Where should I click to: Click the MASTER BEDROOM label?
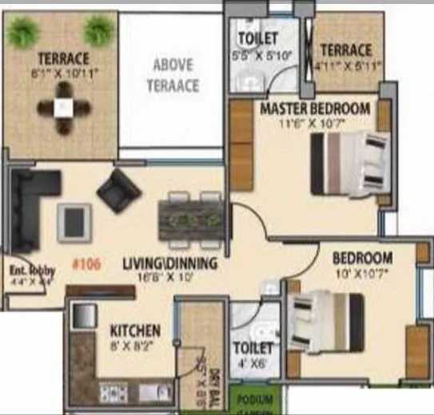pos(314,108)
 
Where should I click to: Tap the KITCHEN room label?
pos(135,330)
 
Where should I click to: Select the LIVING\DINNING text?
pos(171,263)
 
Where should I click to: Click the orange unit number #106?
pos(86,263)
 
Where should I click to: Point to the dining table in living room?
pos(190,215)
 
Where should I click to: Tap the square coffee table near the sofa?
pos(74,221)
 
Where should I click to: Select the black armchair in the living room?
pos(119,190)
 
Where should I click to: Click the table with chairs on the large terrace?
pos(66,112)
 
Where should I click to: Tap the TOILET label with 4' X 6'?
pos(253,349)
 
